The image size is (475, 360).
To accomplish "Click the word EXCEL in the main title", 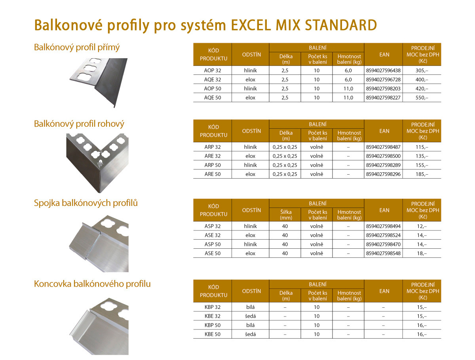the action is click(x=251, y=25).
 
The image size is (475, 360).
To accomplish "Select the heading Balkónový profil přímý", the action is click(x=77, y=48).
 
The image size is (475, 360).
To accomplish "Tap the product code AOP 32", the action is click(x=213, y=70).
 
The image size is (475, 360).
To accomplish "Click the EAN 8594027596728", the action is click(x=383, y=80).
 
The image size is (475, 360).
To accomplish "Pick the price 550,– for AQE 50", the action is click(x=422, y=98).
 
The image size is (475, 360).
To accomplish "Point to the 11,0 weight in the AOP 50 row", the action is click(x=348, y=89).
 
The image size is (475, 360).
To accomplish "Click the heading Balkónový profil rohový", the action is click(x=79, y=124).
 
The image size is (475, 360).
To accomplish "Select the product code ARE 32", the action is click(x=213, y=156).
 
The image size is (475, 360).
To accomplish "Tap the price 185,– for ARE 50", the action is click(x=422, y=174).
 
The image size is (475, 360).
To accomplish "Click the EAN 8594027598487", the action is click(x=383, y=147).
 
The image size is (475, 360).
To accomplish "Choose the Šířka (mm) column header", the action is click(x=286, y=215).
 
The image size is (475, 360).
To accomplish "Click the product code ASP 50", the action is click(x=213, y=244).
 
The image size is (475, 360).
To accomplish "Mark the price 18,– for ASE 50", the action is click(x=422, y=253).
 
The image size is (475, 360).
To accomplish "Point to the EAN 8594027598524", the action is click(x=383, y=235).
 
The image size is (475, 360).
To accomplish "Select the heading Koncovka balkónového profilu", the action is click(x=92, y=284).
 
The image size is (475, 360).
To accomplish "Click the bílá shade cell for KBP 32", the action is click(x=251, y=307).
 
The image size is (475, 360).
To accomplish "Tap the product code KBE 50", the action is click(x=213, y=334).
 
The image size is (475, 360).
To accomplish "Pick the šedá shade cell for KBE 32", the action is click(x=251, y=316).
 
